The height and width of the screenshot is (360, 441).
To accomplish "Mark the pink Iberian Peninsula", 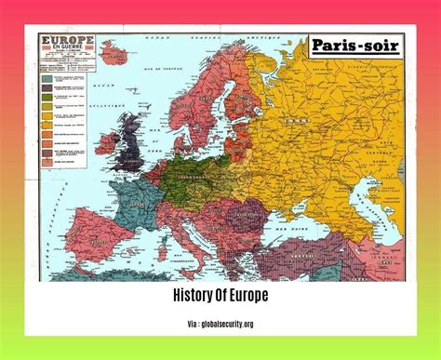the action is (x=88, y=251).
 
